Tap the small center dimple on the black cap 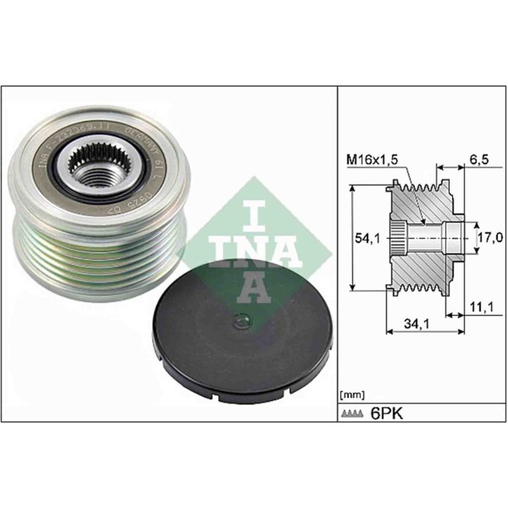coord(239,320)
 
